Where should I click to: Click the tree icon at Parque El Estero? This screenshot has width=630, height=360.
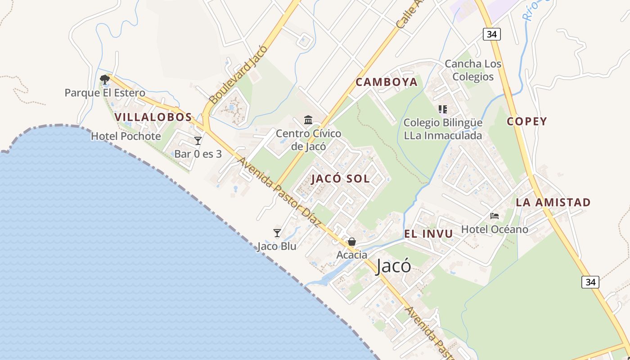[x=105, y=80]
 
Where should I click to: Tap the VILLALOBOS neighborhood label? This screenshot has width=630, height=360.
[x=153, y=117]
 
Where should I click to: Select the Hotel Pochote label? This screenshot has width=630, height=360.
[x=126, y=136]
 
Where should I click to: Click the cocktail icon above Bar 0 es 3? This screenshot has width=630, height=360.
[x=198, y=141]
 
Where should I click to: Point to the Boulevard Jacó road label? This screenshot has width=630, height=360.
[x=238, y=74]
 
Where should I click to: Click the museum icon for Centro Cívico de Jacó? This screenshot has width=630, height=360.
[x=308, y=120]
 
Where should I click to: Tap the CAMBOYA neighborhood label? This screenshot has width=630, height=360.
[x=387, y=82]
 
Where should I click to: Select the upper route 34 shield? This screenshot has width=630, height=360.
[x=492, y=34]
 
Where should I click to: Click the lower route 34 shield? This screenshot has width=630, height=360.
[x=590, y=282]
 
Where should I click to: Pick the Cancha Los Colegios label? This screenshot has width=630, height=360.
[x=472, y=70]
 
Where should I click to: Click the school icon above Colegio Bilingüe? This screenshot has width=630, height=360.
[x=442, y=109]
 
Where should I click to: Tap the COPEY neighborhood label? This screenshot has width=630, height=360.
[x=527, y=121]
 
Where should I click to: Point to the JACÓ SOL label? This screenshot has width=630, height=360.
[x=341, y=179]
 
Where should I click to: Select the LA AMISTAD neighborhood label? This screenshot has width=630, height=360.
[x=553, y=202]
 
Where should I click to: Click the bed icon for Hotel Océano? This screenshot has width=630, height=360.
[x=495, y=216]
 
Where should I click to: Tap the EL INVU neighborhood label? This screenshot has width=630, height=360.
[x=428, y=234]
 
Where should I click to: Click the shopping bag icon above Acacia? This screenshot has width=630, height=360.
[x=352, y=242]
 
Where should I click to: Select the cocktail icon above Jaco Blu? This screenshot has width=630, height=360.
[x=277, y=233]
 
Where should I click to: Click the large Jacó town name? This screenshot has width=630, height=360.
[x=393, y=266]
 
